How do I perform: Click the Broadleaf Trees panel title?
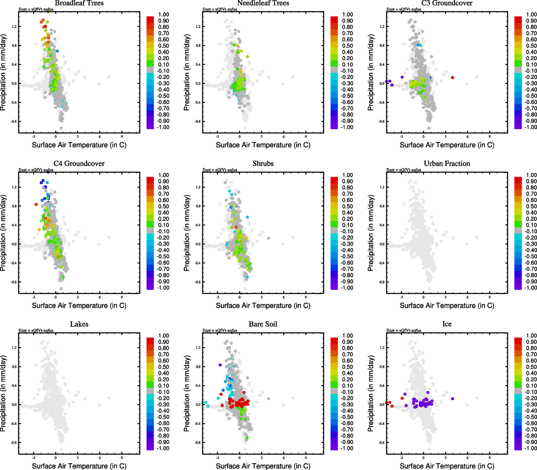[x=79, y=3]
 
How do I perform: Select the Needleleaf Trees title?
[x=263, y=3]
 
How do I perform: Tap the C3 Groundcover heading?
[x=447, y=3]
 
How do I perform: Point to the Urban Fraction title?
[x=447, y=164]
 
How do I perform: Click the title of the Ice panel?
[x=447, y=324]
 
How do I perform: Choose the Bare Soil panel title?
[x=263, y=324]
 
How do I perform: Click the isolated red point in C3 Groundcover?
[x=453, y=78]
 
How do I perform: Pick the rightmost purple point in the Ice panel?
[x=453, y=399]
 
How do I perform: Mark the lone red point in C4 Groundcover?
[x=36, y=204]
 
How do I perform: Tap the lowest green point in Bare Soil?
[x=247, y=437]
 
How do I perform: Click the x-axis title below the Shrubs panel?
[x=263, y=305]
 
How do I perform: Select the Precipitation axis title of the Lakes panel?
[x=4, y=394]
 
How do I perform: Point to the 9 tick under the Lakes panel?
[x=122, y=457]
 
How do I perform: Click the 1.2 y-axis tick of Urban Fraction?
[x=382, y=187]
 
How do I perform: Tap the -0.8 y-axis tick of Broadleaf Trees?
[x=13, y=121]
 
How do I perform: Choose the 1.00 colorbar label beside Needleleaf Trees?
[x=347, y=14]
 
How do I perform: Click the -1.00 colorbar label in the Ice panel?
[x=531, y=448]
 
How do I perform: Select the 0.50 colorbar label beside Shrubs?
[x=347, y=206]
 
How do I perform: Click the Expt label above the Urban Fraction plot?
[x=404, y=170]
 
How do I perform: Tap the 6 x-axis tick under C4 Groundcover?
[x=100, y=297]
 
